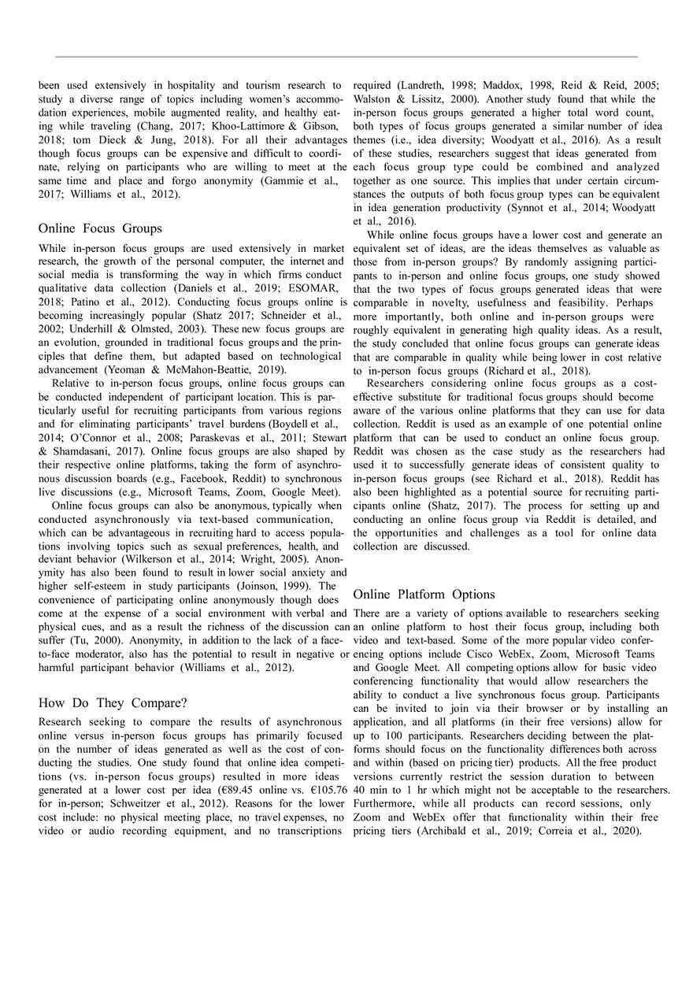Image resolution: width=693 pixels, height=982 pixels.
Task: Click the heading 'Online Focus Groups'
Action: (100, 228)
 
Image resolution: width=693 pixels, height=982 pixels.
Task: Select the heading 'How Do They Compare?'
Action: (113, 702)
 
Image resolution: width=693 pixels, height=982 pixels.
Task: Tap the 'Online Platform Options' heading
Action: (424, 594)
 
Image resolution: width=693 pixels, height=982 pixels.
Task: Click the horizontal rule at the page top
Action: (346, 57)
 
